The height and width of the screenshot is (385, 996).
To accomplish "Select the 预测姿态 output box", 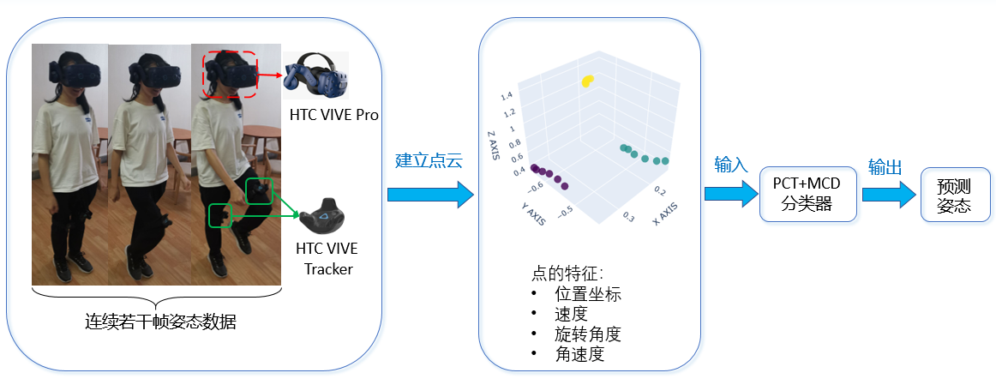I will coord(953,196).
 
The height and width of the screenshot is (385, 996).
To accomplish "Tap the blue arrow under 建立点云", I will coord(429,195).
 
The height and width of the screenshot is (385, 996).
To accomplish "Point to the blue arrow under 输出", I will coord(889,195).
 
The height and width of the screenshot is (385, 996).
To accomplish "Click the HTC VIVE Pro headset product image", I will coord(317,76).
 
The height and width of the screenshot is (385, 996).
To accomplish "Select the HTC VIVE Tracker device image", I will coord(326,220).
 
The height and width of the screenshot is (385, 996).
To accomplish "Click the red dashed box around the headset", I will coord(230,74).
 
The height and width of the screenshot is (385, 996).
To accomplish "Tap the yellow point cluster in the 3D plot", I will coord(587,81).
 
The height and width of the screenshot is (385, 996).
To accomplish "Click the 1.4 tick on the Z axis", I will coord(508,95).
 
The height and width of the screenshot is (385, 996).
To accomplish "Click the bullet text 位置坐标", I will coord(587,294).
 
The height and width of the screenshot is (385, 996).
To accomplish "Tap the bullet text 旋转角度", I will coord(587,334).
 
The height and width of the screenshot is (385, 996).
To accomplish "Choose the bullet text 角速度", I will coord(579,353).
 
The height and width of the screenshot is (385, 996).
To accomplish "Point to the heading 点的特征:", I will coord(567,274).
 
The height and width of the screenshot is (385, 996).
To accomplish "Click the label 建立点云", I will coord(429,160).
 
